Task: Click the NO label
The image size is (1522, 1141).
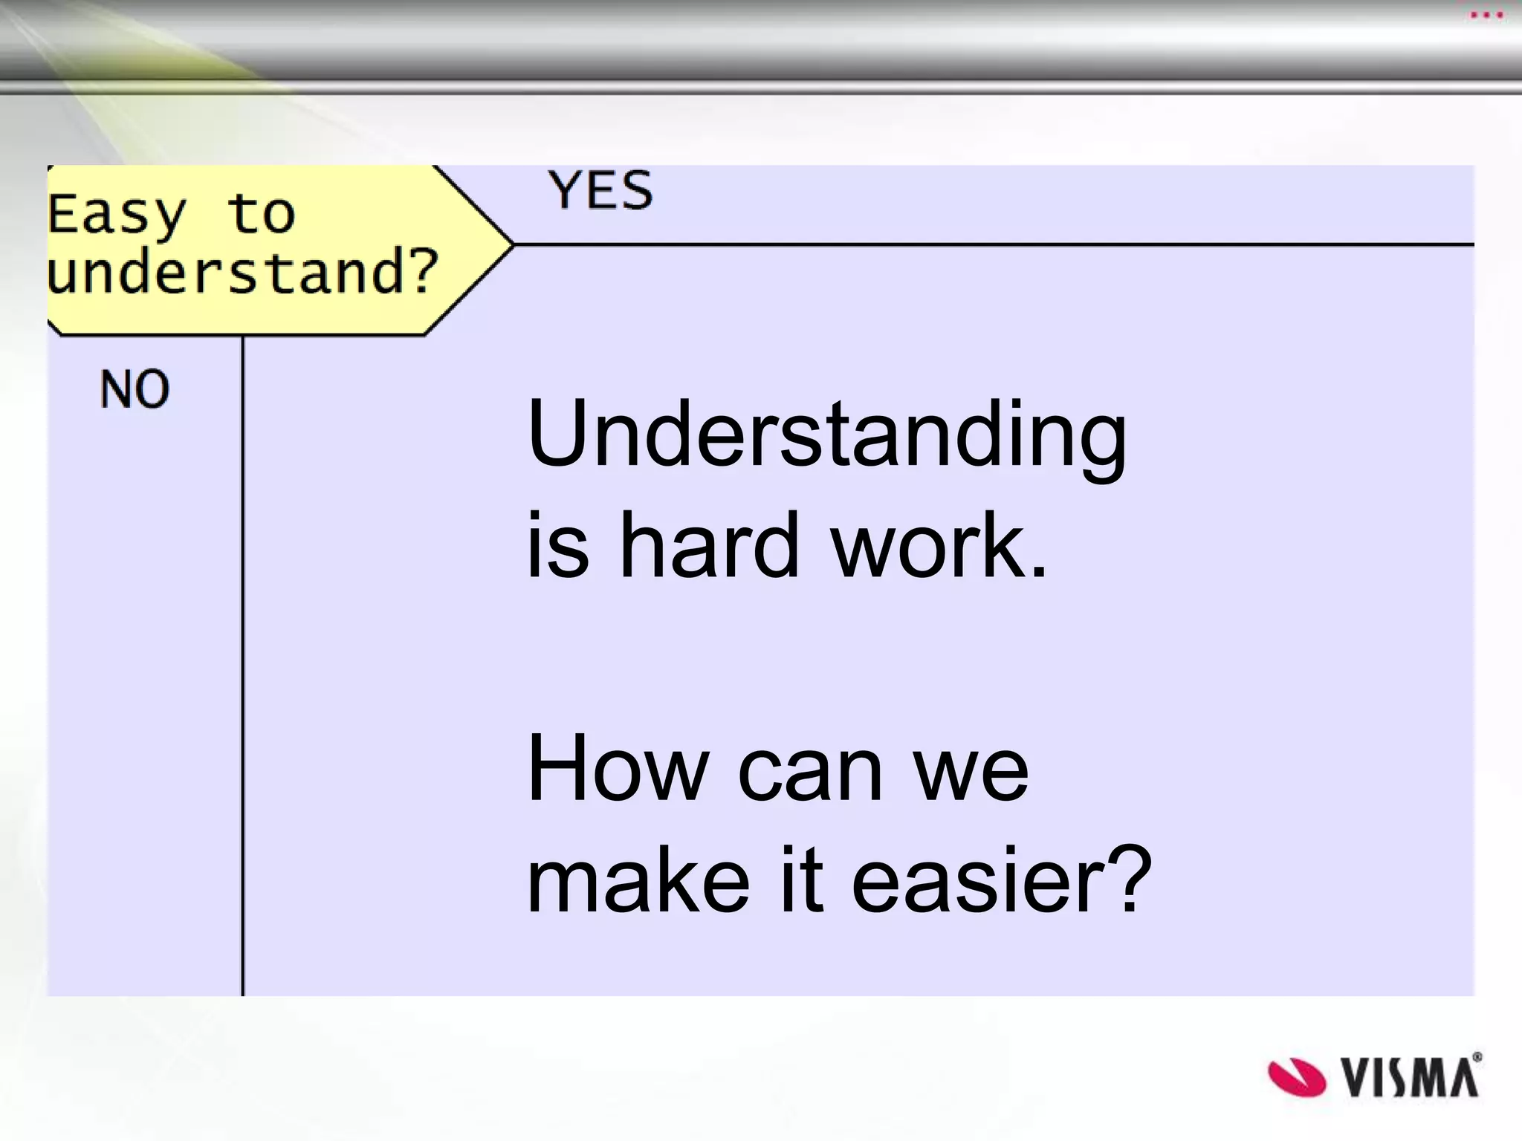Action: (x=135, y=389)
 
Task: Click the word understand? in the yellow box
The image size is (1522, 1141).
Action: (x=242, y=273)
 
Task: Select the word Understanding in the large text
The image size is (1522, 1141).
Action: (x=826, y=437)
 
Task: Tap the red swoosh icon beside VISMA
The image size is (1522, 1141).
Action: (x=1296, y=1077)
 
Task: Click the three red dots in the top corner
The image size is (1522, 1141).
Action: (x=1486, y=15)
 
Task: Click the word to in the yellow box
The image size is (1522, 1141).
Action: (x=261, y=214)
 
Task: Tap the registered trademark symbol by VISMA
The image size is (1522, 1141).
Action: (x=1476, y=1057)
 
